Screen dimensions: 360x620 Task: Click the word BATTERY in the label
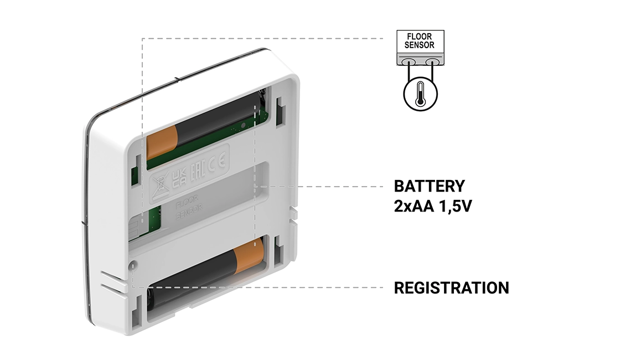click(429, 186)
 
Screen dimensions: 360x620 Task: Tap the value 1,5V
click(454, 207)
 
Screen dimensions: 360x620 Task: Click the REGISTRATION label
click(451, 288)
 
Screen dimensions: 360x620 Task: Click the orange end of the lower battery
click(249, 256)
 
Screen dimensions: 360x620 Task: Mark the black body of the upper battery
click(216, 122)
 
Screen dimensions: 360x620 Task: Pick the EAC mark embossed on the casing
click(195, 171)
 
